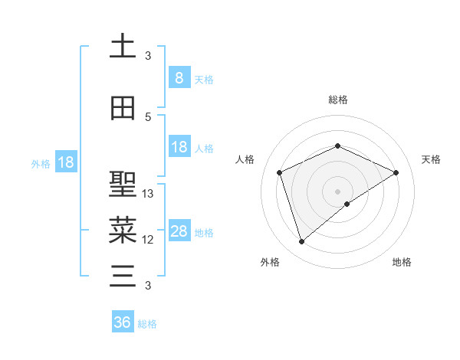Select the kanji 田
pos(123,108)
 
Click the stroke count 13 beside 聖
pos(148,194)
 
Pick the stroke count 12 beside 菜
pos(148,240)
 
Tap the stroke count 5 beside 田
pos(148,117)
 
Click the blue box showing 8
pos(179,77)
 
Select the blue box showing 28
pos(179,231)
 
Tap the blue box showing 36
pos(123,322)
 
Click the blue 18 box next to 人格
pos(179,147)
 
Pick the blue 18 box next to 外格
pos(65,162)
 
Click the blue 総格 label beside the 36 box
pos(147,324)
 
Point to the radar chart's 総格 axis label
pos(337,100)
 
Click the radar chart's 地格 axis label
pos(402,262)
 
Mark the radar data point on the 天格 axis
pos(396,172)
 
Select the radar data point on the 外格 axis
pos(301,242)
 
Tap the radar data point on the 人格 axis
pos(280,172)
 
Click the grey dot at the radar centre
pos(337,191)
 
